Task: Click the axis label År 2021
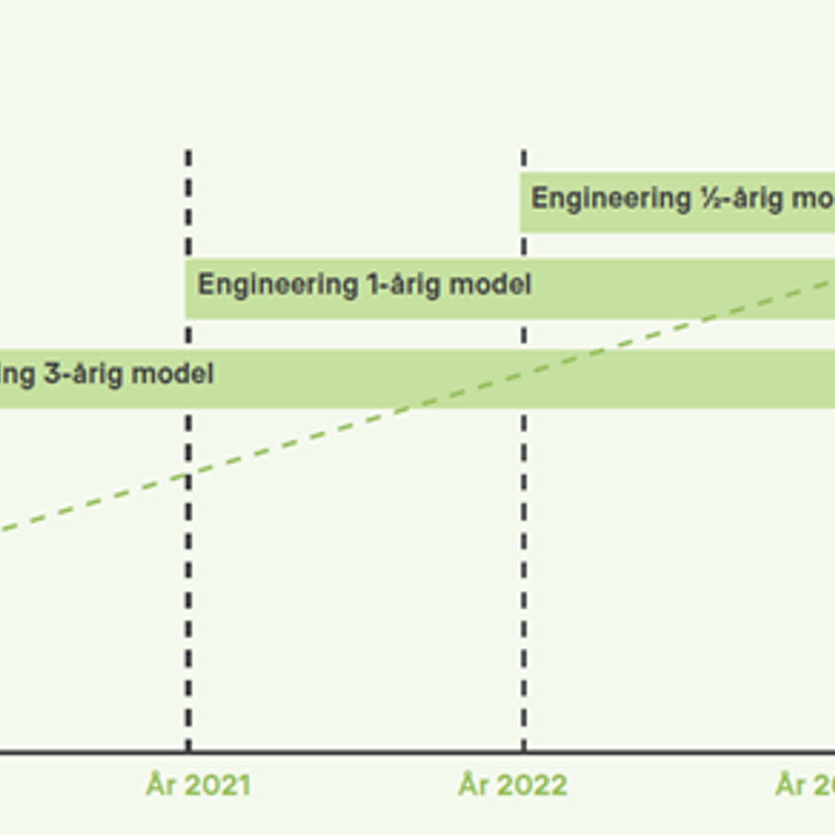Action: [198, 785]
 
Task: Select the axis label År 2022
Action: [512, 785]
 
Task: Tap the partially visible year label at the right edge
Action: [806, 785]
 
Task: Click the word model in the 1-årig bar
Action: [490, 284]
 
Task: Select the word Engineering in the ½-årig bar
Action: [610, 199]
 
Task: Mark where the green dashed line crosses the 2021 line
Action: [188, 475]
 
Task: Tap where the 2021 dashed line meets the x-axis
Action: [188, 751]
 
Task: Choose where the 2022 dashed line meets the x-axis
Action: [523, 751]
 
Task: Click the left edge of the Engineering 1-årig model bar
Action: [187, 289]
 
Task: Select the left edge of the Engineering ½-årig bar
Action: [521, 203]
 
